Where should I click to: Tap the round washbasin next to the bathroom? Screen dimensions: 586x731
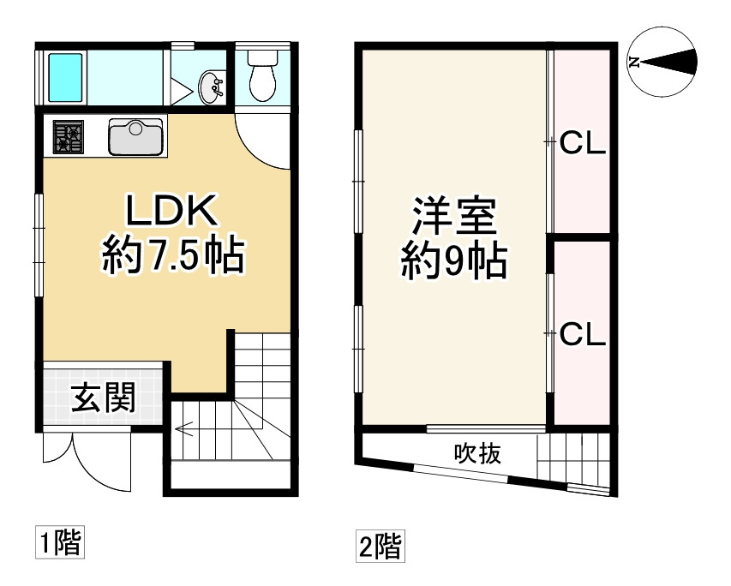point(212,86)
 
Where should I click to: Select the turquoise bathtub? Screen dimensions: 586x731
point(65,75)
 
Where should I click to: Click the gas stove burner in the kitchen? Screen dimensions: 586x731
point(69,137)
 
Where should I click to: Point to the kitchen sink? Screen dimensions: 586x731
point(136,137)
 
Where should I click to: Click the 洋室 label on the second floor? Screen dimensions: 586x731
point(453,217)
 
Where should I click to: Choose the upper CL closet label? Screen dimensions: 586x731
point(583,144)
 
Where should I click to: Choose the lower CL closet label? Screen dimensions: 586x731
point(583,334)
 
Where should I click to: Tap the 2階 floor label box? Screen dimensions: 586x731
point(379,545)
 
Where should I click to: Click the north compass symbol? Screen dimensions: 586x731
point(662,62)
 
